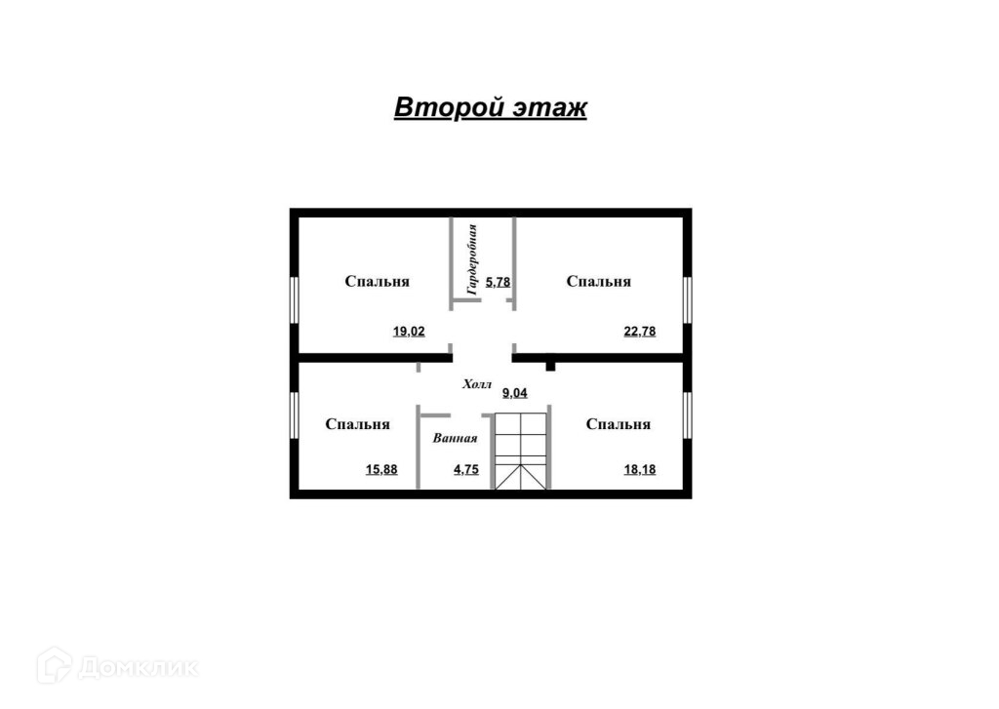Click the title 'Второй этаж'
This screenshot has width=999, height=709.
pos(490,107)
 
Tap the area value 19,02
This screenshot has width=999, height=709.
pos(409,332)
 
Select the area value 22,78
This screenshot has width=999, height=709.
pos(640,332)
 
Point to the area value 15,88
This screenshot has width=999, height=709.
pos(381,470)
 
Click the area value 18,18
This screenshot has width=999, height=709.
pos(640,470)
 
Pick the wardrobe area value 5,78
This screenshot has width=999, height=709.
pos(499,282)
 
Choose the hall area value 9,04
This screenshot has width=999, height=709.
pos(514,394)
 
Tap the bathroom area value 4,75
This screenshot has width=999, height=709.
pos(467,470)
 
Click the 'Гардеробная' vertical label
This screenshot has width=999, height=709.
pos(471,259)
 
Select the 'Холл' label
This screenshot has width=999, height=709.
pos(479,385)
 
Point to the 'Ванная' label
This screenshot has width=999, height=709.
pos(456,439)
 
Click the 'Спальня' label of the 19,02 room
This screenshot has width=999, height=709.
pos(377,282)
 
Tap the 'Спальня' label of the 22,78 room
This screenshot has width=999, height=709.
pos(599,282)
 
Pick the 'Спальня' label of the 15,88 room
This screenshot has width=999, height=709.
pos(358,425)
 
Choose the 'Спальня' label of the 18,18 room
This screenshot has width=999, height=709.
pos(619,425)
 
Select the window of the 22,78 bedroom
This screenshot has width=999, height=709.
pos(688,298)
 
